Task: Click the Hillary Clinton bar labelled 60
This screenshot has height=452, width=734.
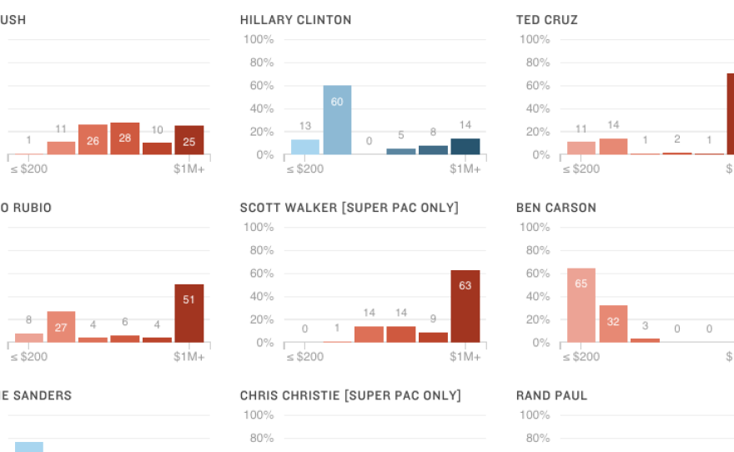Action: pyautogui.click(x=337, y=119)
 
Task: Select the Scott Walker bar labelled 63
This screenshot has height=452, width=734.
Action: pyautogui.click(x=465, y=305)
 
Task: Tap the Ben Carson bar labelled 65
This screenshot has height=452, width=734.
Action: pyautogui.click(x=581, y=304)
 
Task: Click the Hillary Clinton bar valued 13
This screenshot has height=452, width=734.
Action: pyautogui.click(x=305, y=147)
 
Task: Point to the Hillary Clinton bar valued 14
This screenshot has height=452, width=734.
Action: pyautogui.click(x=465, y=146)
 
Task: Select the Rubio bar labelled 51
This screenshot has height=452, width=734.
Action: pyautogui.click(x=189, y=313)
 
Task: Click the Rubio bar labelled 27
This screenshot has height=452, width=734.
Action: pyautogui.click(x=61, y=326)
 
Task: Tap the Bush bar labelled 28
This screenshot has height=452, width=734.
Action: pyautogui.click(x=124, y=138)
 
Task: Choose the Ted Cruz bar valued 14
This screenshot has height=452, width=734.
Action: pyautogui.click(x=613, y=146)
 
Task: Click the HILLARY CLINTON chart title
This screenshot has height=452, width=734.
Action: pyautogui.click(x=295, y=20)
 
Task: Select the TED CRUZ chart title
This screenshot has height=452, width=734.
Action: pyautogui.click(x=547, y=20)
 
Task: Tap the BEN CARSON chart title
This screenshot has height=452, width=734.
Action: pyautogui.click(x=556, y=208)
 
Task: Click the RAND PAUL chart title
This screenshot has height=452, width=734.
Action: pyautogui.click(x=551, y=395)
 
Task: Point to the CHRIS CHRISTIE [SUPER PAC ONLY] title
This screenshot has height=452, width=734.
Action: pyautogui.click(x=350, y=395)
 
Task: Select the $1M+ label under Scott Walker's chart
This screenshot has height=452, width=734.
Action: pyautogui.click(x=465, y=356)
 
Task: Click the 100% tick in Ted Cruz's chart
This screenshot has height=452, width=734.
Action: pyautogui.click(x=534, y=40)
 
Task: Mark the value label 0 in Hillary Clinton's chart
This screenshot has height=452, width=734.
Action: pyautogui.click(x=369, y=142)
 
